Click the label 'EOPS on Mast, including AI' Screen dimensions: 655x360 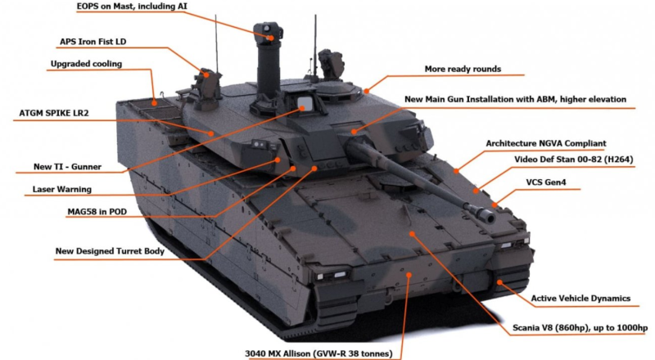[x=132, y=7]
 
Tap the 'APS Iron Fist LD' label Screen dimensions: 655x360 [x=93, y=42]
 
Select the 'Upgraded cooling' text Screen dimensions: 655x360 [x=87, y=64]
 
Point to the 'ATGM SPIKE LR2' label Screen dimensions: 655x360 [x=54, y=113]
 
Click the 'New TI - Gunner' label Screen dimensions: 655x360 [x=67, y=167]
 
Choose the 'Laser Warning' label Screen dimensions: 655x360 [x=62, y=189]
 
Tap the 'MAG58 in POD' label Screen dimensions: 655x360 [x=97, y=212]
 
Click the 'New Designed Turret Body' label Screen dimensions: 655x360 [x=110, y=251]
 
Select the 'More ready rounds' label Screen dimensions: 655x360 [x=463, y=70]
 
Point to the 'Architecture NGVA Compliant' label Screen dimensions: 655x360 [x=546, y=144]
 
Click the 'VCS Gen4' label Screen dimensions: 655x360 [x=546, y=182]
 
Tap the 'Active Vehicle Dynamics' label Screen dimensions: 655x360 [x=580, y=299]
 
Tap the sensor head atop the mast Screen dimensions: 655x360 [x=269, y=33]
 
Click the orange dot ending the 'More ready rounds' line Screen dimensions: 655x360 [x=366, y=91]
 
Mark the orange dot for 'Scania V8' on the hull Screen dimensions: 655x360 [x=412, y=234]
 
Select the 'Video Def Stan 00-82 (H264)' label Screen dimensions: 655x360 [x=574, y=160]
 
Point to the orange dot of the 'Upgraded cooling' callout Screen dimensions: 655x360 [x=154, y=103]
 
